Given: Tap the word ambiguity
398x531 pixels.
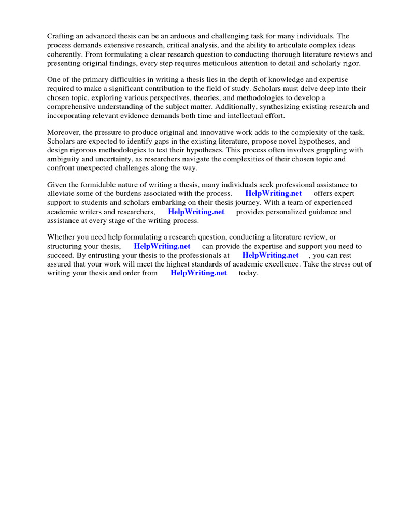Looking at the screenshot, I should point(65,159).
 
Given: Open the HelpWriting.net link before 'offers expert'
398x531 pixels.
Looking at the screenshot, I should point(274,193).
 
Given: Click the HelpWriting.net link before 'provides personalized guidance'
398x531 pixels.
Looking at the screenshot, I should point(196,212).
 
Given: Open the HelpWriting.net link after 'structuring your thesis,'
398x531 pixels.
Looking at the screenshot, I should point(162,246).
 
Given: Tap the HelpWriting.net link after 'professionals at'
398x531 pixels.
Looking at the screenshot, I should point(271,255).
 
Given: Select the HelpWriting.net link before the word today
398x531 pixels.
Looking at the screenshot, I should point(199,273).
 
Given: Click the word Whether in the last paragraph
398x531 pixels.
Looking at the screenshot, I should point(63,237).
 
